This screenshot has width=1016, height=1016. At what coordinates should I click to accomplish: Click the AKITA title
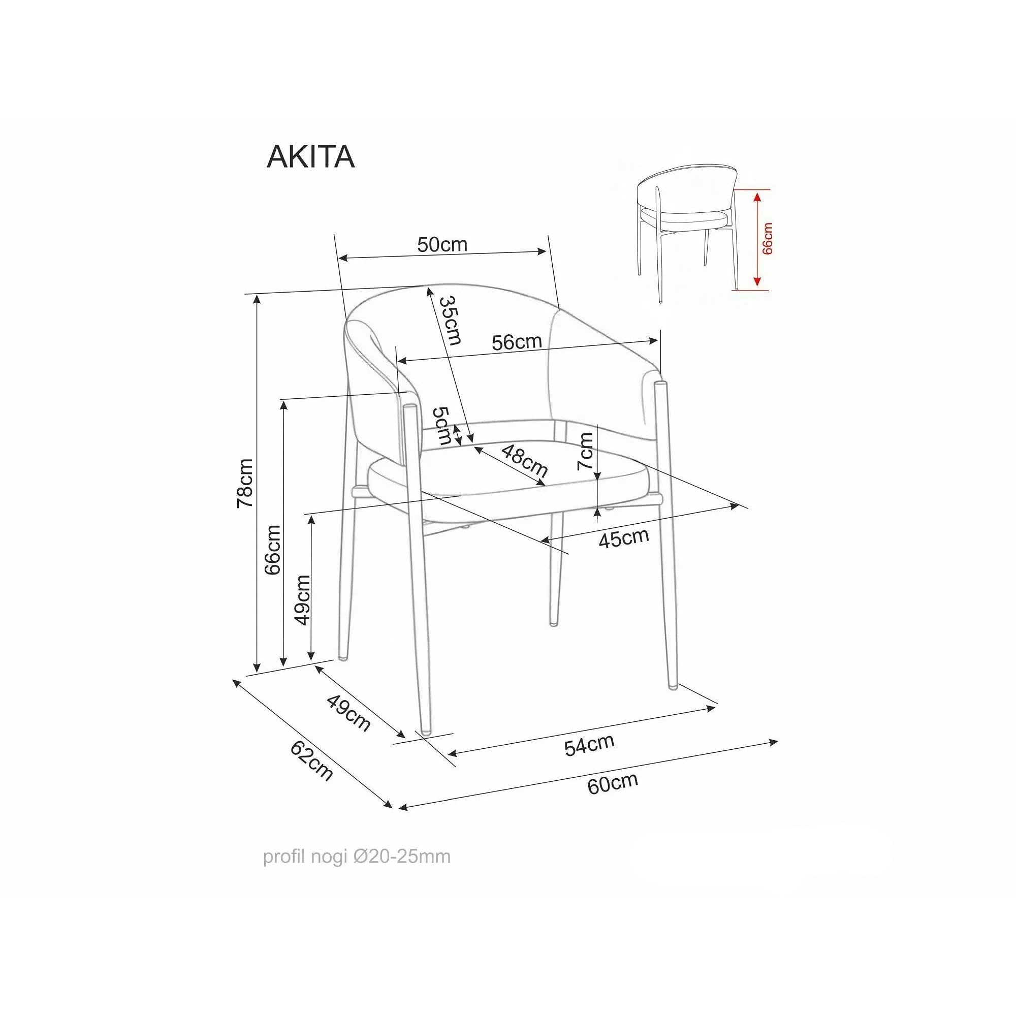(311, 156)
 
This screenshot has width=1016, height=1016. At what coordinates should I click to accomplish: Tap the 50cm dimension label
(442, 244)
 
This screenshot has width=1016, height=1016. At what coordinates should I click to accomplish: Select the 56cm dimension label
(517, 342)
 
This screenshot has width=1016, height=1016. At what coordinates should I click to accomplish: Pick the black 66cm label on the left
(273, 550)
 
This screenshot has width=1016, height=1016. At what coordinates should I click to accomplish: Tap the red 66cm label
(768, 239)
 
